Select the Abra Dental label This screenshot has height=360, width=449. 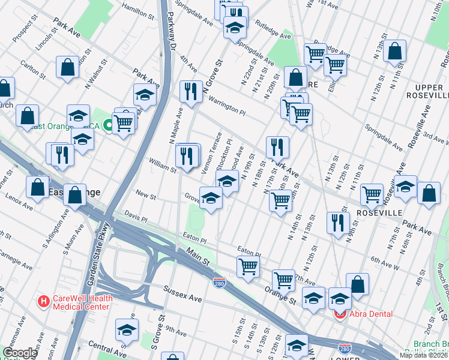[x=372, y=314]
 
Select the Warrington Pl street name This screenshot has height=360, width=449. [x=226, y=106]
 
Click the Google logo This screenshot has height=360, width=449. [x=20, y=353]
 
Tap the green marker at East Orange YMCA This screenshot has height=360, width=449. [x=107, y=125]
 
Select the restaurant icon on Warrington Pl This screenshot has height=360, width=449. [x=191, y=92]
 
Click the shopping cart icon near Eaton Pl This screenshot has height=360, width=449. [x=248, y=266]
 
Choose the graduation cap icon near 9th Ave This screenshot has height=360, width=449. [x=127, y=330]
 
